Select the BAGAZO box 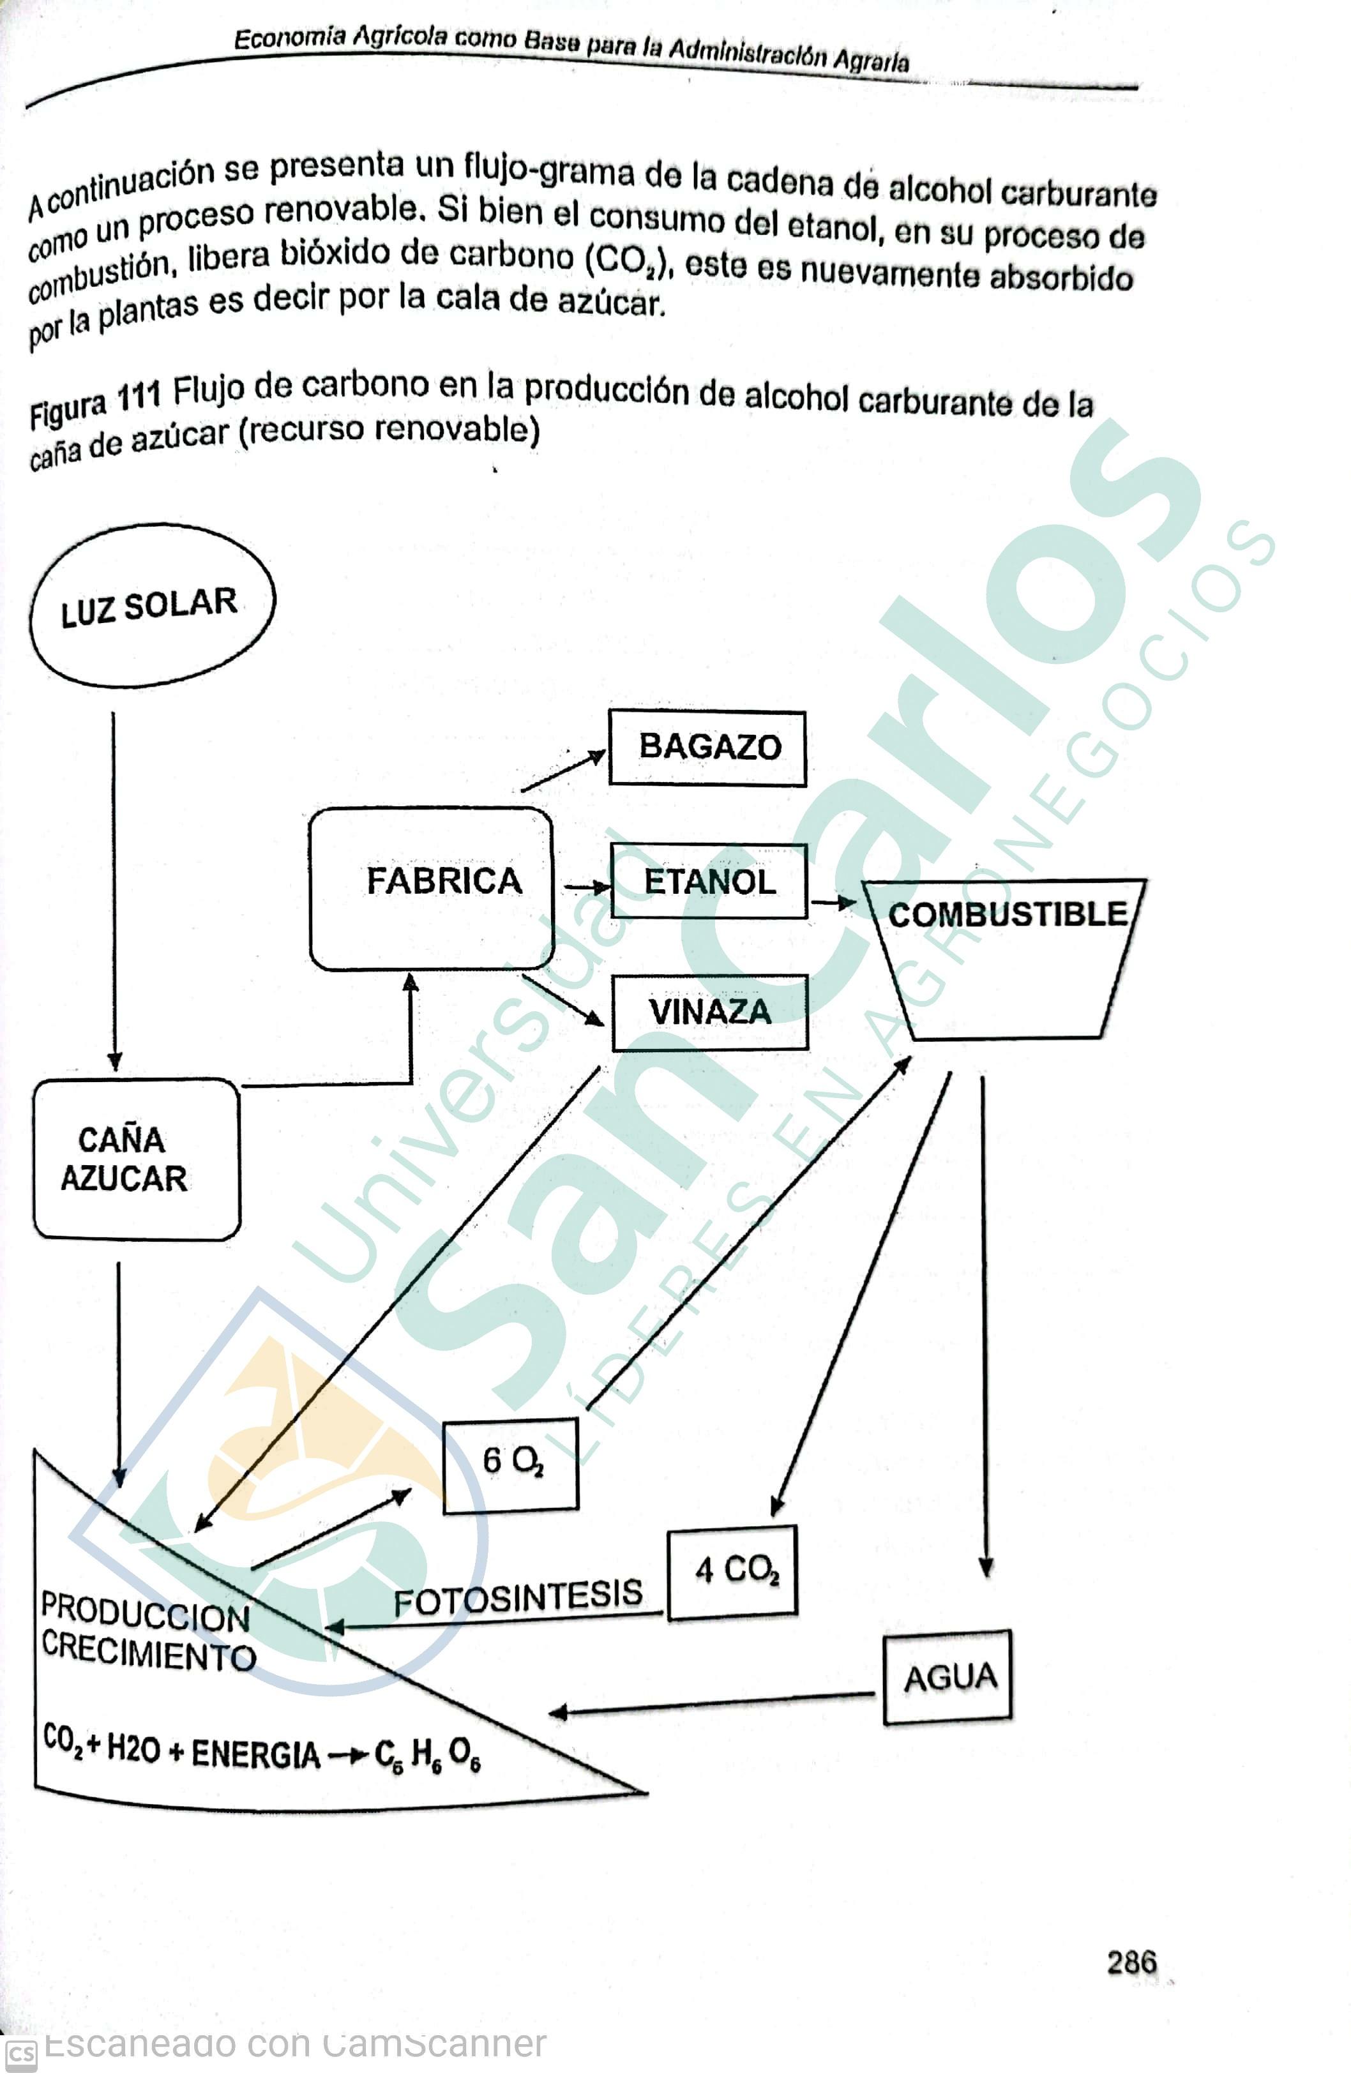[x=707, y=748]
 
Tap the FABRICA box [x=432, y=887]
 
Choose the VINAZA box [x=709, y=1012]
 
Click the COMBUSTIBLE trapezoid [x=1006, y=956]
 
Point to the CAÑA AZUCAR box [x=135, y=1159]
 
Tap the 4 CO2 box [x=732, y=1572]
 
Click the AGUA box [x=947, y=1677]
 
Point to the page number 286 [x=1131, y=1962]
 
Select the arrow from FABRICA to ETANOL [x=586, y=887]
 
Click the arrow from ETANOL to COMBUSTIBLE [x=833, y=902]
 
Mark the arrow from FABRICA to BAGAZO [x=562, y=772]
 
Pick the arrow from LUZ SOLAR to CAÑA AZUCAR [x=114, y=891]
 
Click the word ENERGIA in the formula [x=255, y=1753]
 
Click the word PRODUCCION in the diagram [x=145, y=1613]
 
